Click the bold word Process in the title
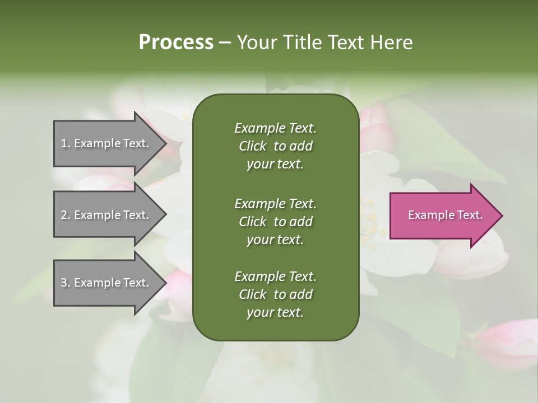[176, 43]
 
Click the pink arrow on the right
[443, 215]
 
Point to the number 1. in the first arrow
[66, 143]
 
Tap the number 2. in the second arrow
[66, 215]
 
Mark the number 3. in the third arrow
[66, 283]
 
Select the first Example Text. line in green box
[275, 128]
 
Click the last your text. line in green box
[275, 313]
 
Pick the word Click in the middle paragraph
[253, 222]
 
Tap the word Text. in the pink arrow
[469, 215]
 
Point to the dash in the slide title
[225, 43]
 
